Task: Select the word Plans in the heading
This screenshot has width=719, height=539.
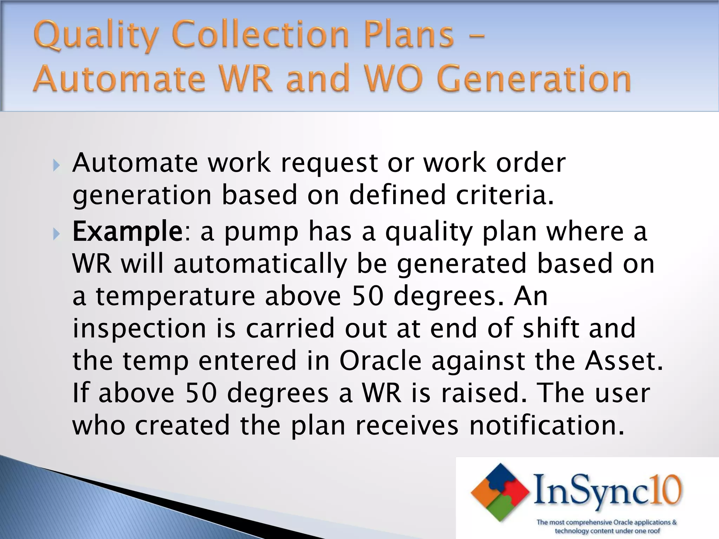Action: tap(409, 35)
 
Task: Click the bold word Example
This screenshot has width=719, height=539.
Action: tap(127, 232)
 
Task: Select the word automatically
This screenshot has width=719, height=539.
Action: tap(260, 264)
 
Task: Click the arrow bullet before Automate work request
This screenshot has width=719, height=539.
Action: tap(56, 165)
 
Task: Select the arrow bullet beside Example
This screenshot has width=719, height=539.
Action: tap(56, 234)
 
